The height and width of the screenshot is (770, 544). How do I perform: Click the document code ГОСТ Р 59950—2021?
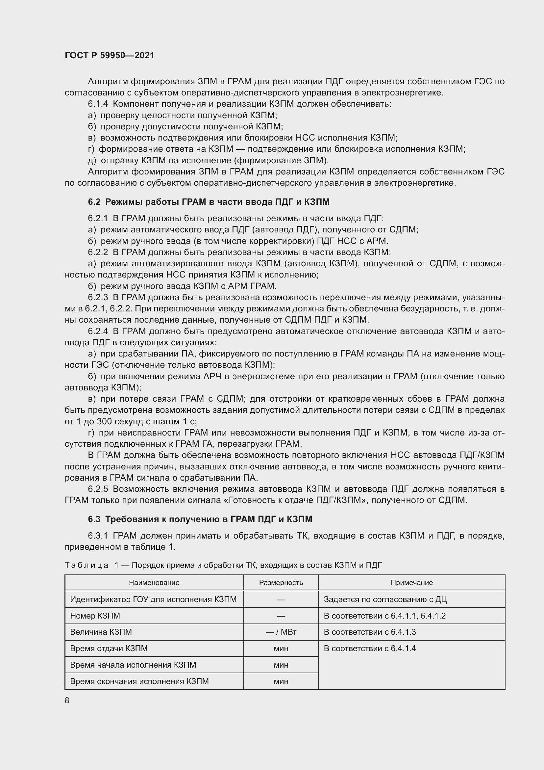click(110, 55)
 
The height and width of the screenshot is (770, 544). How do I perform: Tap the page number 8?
click(67, 700)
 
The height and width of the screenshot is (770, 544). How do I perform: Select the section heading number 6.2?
click(94, 201)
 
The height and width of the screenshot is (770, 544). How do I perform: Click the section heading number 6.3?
click(94, 519)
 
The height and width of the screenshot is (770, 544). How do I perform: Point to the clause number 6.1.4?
click(98, 104)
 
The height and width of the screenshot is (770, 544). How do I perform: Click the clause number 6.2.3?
click(98, 298)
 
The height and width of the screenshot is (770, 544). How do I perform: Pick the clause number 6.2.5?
click(98, 489)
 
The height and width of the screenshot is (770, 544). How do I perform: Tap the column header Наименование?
click(154, 583)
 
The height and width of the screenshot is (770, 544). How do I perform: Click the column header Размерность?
click(281, 583)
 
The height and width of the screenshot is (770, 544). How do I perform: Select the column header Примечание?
click(412, 583)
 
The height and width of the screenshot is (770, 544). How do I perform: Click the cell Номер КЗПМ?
click(95, 616)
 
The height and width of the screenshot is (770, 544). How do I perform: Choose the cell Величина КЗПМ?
click(101, 632)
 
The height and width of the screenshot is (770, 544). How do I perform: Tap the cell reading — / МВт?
click(281, 632)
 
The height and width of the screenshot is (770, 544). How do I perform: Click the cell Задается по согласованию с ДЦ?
click(385, 599)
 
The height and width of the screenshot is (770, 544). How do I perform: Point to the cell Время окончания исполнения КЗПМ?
click(139, 681)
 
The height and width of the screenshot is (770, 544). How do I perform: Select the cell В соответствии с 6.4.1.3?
click(370, 632)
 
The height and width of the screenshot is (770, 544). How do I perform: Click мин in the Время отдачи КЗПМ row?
click(281, 648)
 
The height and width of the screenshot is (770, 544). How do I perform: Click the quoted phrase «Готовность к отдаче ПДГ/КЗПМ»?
click(296, 500)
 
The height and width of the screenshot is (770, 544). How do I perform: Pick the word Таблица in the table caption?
click(87, 565)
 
